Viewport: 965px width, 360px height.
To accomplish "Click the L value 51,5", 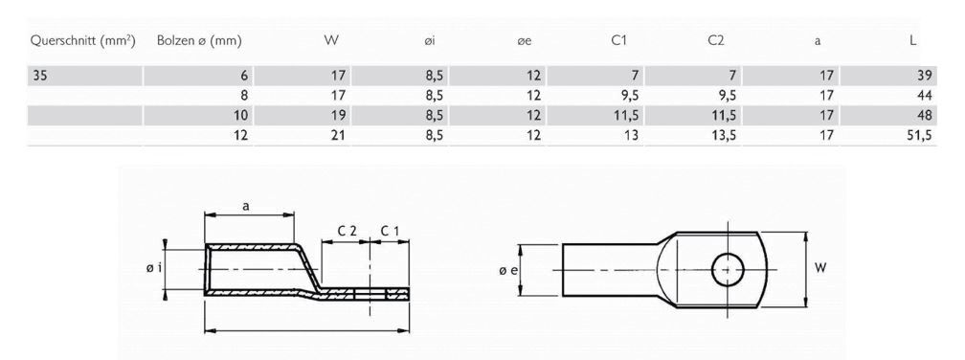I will pyautogui.click(x=918, y=136).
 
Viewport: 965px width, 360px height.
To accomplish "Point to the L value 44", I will pyautogui.click(x=924, y=96).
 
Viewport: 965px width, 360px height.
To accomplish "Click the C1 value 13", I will pyautogui.click(x=628, y=136).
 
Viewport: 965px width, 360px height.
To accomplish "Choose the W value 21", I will pyautogui.click(x=336, y=136).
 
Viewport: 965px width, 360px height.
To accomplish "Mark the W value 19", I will pyautogui.click(x=336, y=116).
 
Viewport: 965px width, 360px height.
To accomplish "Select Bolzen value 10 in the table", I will pyautogui.click(x=241, y=116).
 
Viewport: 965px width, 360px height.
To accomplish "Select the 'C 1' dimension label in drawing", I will pyautogui.click(x=390, y=232).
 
